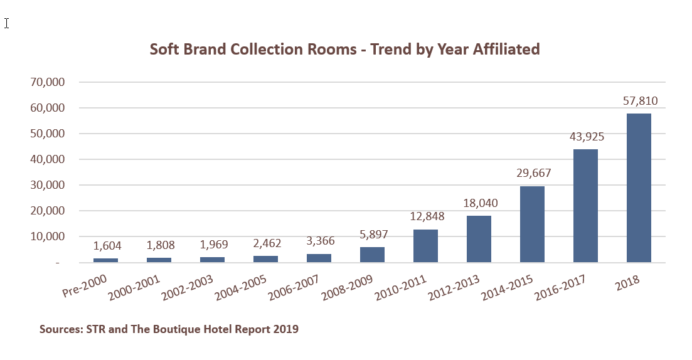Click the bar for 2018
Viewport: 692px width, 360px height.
[x=639, y=188]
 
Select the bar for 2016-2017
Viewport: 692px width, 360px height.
[x=585, y=206]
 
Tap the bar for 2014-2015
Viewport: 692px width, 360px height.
[x=532, y=225]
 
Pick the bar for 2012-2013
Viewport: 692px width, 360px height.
[x=479, y=239]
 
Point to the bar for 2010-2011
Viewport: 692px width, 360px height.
[x=425, y=246]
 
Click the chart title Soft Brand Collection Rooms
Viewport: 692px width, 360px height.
[x=344, y=49]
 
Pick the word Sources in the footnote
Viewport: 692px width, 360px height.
[x=60, y=329]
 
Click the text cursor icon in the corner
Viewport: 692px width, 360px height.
[x=7, y=23]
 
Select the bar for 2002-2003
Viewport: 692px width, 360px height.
[x=212, y=260]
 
